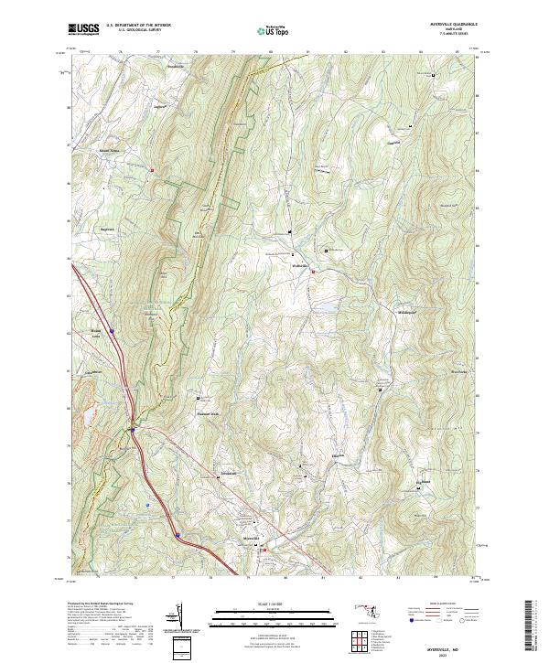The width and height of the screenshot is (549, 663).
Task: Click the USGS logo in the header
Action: pyautogui.click(x=83, y=29)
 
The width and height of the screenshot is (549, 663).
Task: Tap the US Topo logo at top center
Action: pyautogui.click(x=274, y=30)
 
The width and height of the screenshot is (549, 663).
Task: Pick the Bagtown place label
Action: pyautogui.click(x=109, y=229)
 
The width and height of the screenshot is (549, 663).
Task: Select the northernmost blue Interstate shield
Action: pyautogui.click(x=112, y=330)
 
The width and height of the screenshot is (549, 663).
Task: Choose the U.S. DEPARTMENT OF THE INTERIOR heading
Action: pyautogui.click(x=138, y=26)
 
